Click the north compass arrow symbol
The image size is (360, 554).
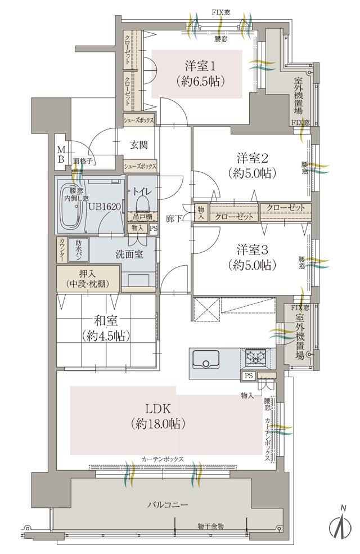pyautogui.click(x=341, y=528)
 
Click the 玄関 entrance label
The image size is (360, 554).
pyautogui.click(x=139, y=145)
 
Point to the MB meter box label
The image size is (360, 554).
pyautogui.click(x=60, y=153)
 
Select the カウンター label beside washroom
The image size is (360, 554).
pyautogui.click(x=61, y=249)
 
